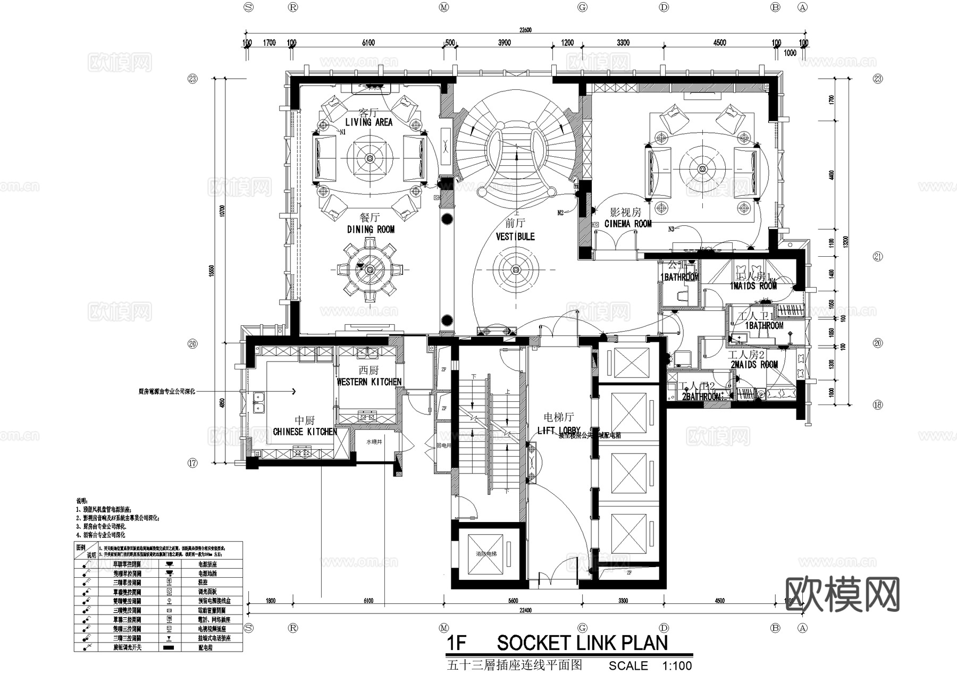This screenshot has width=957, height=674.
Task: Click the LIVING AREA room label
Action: click(368, 122)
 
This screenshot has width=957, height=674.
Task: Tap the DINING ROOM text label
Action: click(371, 230)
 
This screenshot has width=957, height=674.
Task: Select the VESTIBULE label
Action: click(515, 237)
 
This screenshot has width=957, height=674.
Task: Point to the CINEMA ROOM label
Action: click(628, 224)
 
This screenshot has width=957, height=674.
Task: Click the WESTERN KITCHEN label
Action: click(369, 382)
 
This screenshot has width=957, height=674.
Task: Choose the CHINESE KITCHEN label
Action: click(305, 432)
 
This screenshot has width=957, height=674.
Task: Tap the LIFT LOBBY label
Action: click(559, 431)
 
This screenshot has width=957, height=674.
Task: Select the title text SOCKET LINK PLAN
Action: click(582, 643)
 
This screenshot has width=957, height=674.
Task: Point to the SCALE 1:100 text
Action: click(650, 665)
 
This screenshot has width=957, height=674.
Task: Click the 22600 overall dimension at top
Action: click(525, 30)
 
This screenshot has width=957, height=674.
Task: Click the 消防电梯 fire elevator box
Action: click(486, 554)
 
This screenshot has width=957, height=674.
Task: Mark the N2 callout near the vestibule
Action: click(560, 213)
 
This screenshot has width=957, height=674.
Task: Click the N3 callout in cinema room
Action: click(671, 229)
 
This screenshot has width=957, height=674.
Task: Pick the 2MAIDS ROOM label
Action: click(754, 365)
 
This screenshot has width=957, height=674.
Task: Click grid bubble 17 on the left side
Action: click(192, 463)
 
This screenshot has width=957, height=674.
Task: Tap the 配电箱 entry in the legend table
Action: click(205, 647)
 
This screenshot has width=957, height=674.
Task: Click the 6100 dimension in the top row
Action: click(368, 43)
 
